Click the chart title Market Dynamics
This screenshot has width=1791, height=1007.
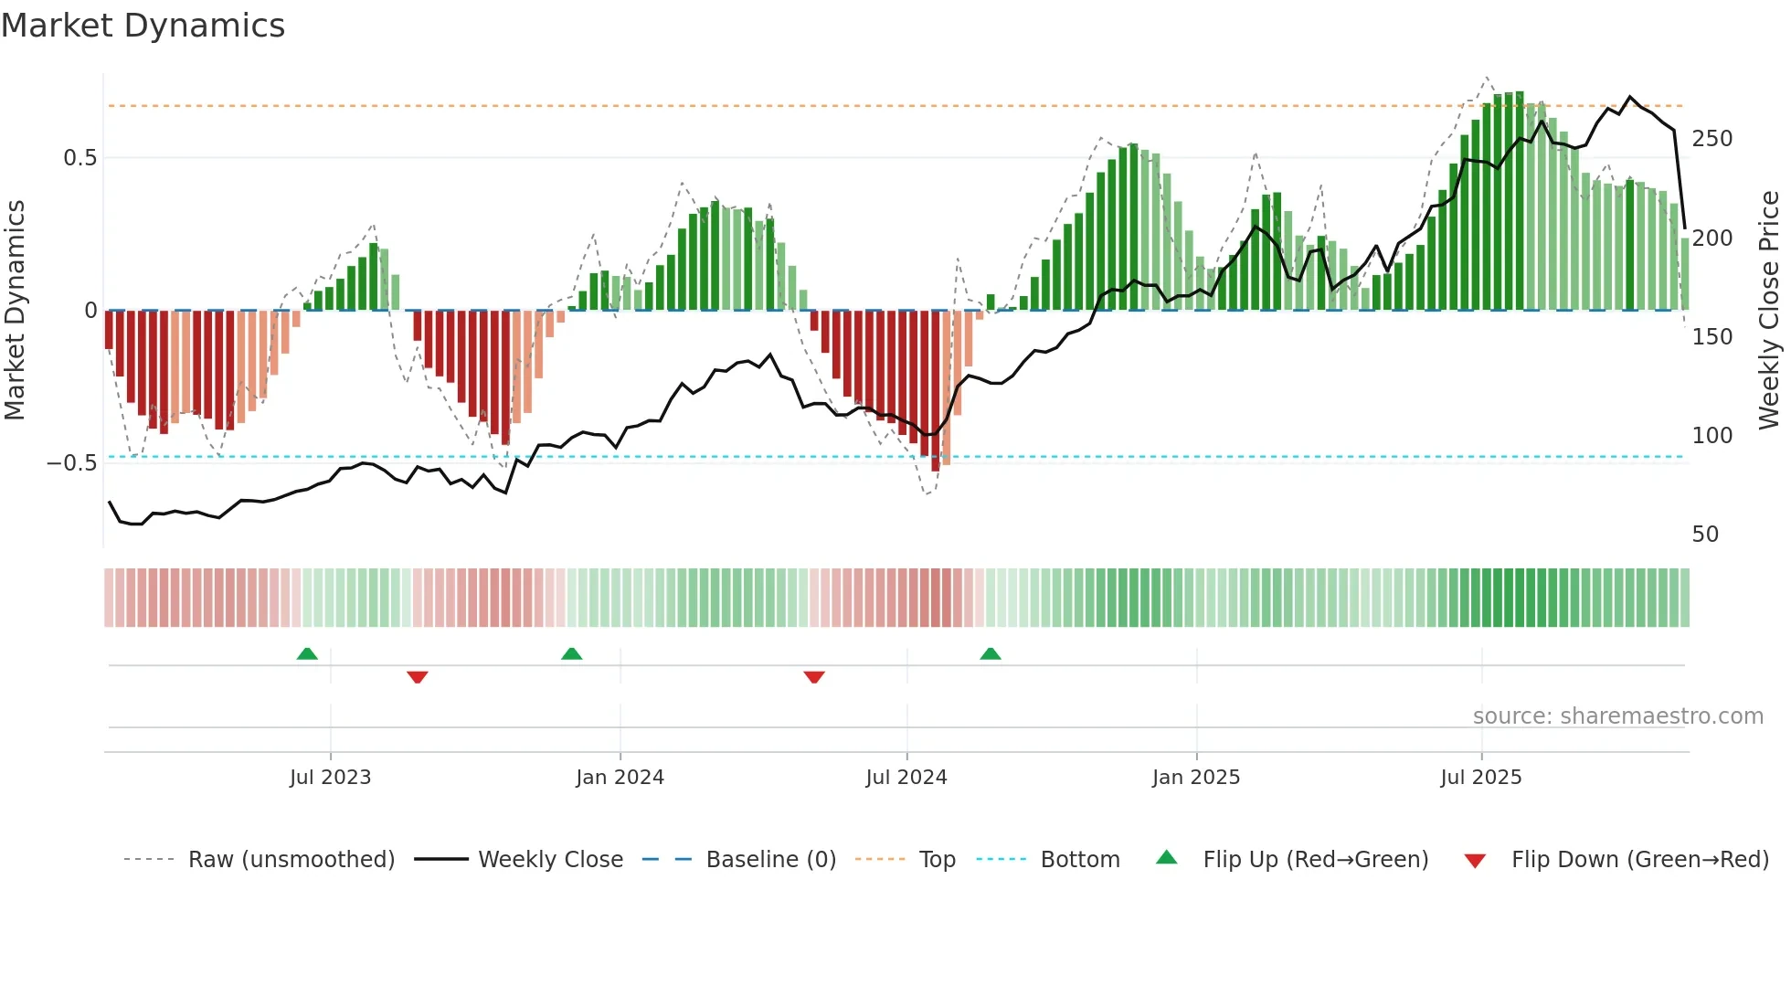click(143, 26)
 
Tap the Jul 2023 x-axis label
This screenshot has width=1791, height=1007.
click(330, 778)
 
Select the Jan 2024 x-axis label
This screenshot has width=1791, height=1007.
click(620, 778)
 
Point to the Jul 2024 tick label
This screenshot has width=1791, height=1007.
click(906, 778)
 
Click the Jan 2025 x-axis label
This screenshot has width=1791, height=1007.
click(1195, 778)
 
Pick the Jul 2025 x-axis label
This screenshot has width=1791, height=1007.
click(1480, 778)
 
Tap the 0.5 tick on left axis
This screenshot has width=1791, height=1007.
click(79, 158)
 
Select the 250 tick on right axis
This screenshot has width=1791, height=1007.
click(1712, 139)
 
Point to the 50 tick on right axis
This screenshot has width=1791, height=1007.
click(1705, 535)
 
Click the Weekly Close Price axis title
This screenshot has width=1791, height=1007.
click(1769, 311)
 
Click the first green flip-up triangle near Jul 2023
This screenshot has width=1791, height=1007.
click(307, 653)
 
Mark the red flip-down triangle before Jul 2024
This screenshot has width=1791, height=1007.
click(814, 677)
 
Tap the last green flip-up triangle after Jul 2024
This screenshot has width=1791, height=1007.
click(991, 653)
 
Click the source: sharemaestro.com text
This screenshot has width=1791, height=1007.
click(1617, 716)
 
